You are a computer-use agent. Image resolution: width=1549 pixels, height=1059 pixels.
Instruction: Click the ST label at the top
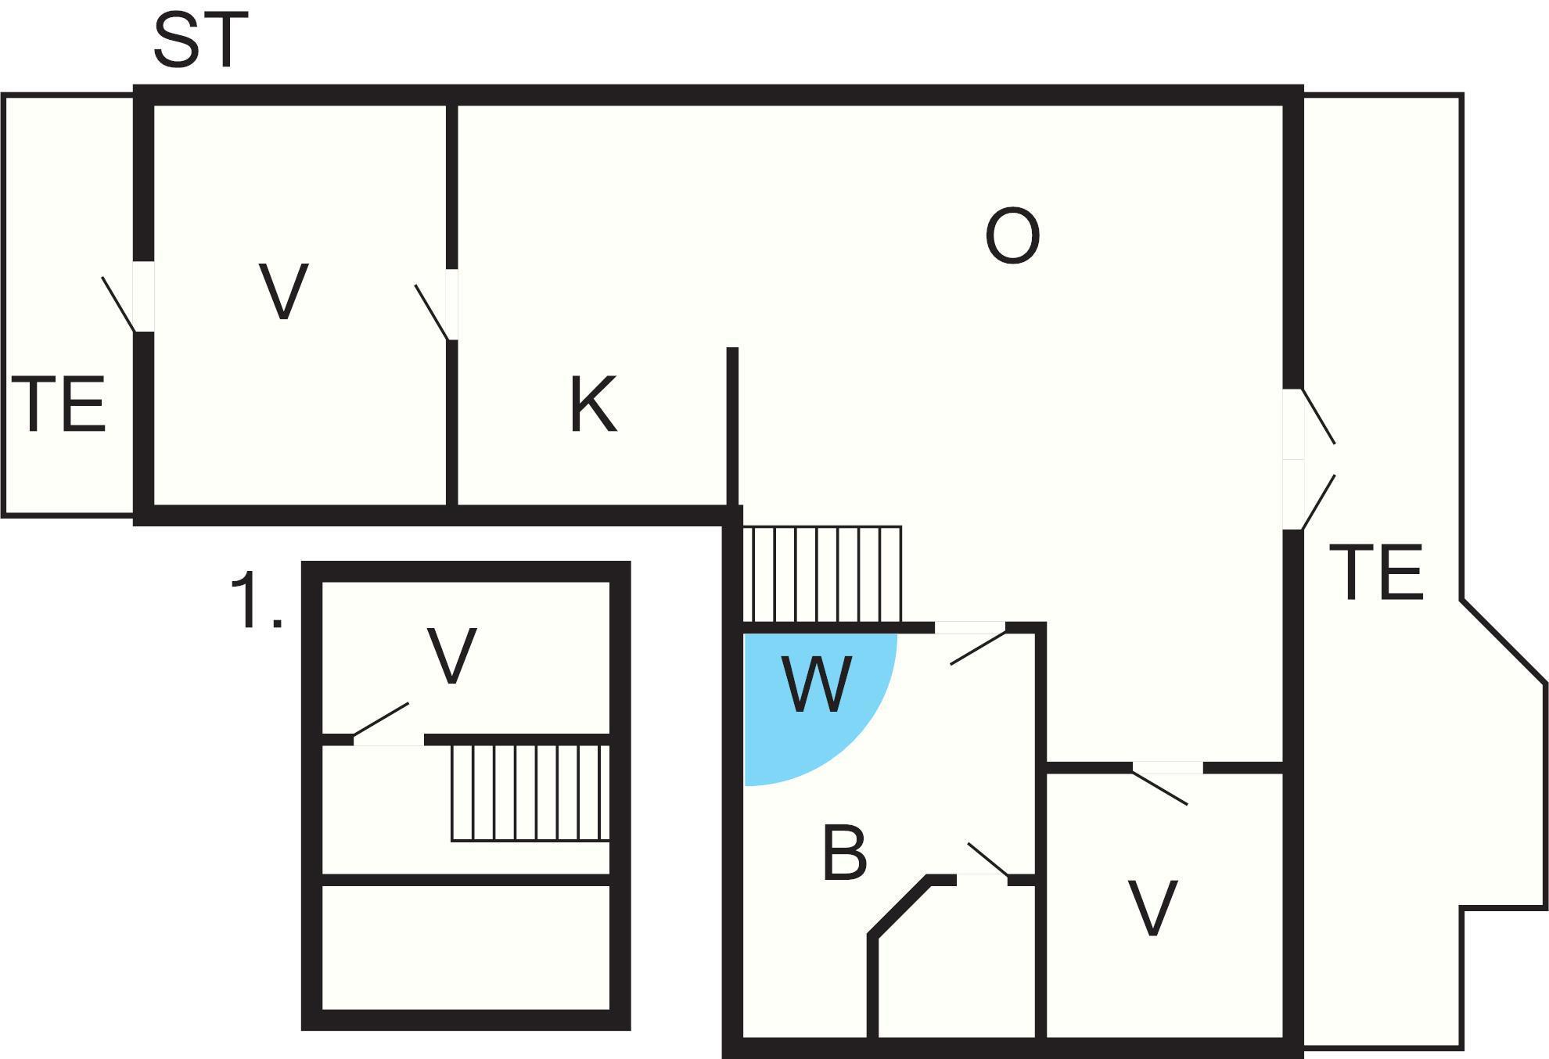pyautogui.click(x=200, y=41)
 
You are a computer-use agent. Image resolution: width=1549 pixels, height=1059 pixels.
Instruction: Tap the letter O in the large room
pyautogui.click(x=1012, y=236)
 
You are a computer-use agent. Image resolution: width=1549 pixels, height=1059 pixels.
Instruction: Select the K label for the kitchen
pyautogui.click(x=593, y=404)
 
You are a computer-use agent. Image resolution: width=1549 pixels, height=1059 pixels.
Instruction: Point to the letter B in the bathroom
pyautogui.click(x=845, y=853)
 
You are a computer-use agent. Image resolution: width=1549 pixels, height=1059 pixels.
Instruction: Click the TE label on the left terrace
pyautogui.click(x=59, y=404)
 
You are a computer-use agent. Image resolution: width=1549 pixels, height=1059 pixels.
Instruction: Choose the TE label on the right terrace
pyautogui.click(x=1376, y=573)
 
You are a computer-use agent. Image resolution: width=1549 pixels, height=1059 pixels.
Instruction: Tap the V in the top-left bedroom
pyautogui.click(x=283, y=292)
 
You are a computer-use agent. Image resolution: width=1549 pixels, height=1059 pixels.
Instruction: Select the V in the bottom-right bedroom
pyautogui.click(x=1152, y=908)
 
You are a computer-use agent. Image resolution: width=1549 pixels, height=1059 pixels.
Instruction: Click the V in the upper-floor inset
pyautogui.click(x=452, y=656)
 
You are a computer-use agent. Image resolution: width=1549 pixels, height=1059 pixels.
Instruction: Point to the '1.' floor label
pyautogui.click(x=255, y=601)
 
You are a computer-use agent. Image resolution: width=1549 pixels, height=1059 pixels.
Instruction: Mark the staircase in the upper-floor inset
pyautogui.click(x=530, y=792)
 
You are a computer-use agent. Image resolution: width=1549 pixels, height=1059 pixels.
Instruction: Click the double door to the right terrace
pyautogui.click(x=1306, y=460)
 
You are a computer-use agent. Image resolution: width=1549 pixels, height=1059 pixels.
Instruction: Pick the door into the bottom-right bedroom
pyautogui.click(x=1166, y=782)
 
